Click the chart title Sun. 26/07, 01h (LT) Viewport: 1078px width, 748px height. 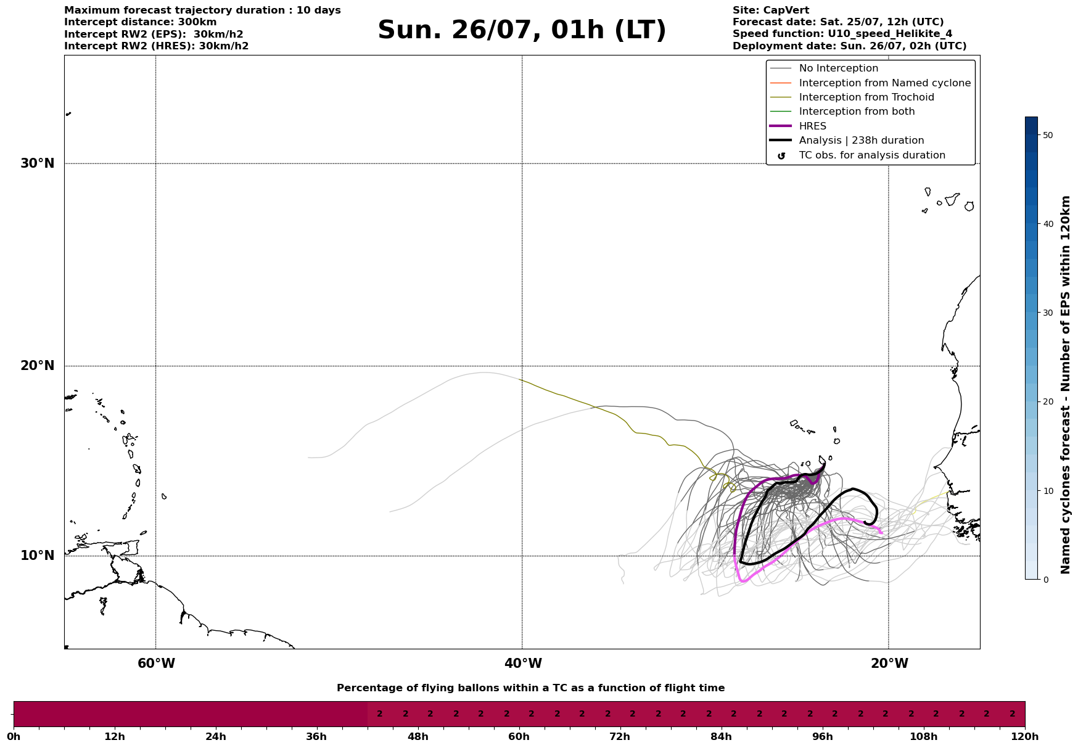click(522, 30)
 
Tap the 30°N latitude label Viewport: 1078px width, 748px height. click(37, 163)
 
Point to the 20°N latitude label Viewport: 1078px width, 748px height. click(37, 366)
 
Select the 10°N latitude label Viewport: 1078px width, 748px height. click(37, 556)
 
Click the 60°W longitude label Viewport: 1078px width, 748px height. click(156, 664)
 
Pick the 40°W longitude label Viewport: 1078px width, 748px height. click(523, 664)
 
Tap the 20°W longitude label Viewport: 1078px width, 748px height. click(889, 664)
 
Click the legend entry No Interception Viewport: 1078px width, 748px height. click(839, 68)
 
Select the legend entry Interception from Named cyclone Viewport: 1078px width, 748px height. click(885, 83)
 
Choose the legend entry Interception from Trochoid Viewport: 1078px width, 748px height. click(866, 97)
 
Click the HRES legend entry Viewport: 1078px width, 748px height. click(813, 126)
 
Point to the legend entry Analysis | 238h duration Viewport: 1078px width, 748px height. click(862, 141)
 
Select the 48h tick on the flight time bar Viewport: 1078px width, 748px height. click(418, 736)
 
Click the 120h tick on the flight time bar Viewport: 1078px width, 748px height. click(1025, 736)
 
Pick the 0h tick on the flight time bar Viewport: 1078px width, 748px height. click(14, 736)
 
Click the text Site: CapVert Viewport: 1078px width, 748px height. click(771, 10)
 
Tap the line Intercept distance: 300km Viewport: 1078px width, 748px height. click(141, 22)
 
